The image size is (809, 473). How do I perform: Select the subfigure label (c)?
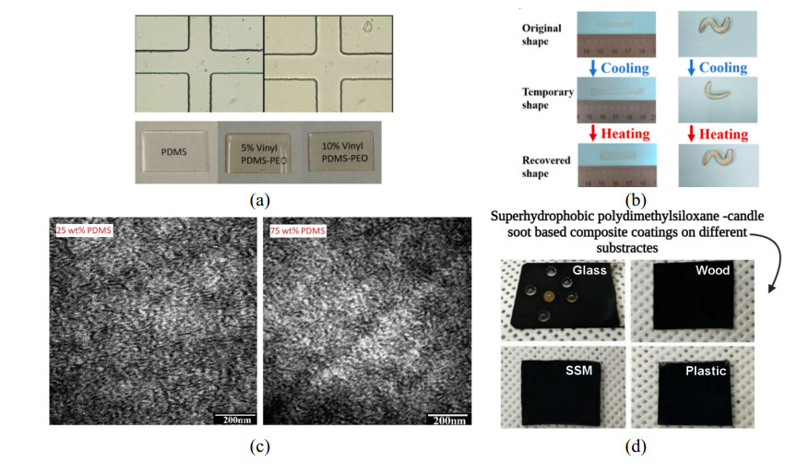pyautogui.click(x=259, y=447)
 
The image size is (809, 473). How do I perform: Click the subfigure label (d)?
pyautogui.click(x=635, y=447)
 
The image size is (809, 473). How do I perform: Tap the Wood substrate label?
pyautogui.click(x=711, y=271)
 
